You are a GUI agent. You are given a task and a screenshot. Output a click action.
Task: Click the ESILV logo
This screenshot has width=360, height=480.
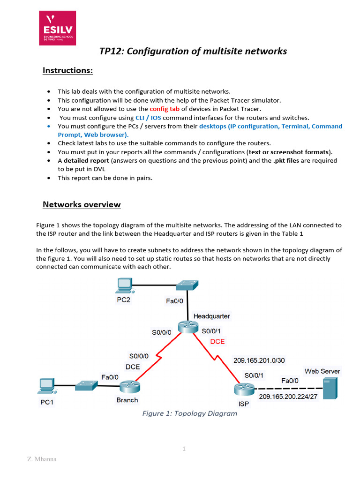59,29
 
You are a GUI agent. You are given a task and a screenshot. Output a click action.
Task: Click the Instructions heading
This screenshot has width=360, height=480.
68,70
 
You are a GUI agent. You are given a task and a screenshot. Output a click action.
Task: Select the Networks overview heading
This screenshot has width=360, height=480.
82,204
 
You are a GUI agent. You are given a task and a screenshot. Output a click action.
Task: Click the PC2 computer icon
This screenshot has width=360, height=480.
124,285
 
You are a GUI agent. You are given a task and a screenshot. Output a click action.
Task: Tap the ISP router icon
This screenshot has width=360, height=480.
244,389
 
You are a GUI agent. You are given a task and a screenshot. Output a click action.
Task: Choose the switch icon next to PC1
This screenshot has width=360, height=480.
86,385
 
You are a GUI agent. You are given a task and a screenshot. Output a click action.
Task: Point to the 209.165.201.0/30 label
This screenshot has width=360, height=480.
259,360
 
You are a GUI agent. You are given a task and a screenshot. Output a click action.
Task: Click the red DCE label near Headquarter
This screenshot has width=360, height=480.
217,342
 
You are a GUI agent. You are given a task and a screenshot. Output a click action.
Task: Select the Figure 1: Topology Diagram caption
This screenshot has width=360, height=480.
190,413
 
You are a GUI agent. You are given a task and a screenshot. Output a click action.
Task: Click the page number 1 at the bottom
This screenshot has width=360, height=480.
184,449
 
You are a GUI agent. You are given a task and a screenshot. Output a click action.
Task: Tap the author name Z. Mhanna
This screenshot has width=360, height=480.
42,459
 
